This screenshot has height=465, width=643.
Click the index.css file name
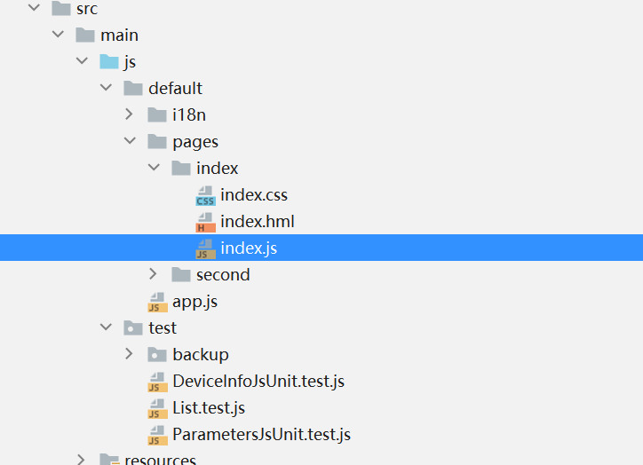254,195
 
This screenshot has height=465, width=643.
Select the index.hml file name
258,222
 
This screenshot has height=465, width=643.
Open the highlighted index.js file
249,248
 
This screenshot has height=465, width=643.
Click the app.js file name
194,302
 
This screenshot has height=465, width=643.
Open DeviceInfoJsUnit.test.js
258,382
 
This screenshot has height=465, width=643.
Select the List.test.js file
209,408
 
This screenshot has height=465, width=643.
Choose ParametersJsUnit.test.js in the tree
262,435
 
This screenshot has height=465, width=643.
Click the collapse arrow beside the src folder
34,9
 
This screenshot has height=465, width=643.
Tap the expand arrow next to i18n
130,114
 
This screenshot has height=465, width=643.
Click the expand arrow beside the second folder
154,274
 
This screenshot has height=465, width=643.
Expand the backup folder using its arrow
130,354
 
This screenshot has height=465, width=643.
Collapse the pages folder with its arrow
130,141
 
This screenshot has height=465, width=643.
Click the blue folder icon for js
109,61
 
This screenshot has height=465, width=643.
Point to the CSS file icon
206,195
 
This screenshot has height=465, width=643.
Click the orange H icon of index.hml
206,222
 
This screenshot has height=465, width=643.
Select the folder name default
175,89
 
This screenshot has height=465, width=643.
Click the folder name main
119,35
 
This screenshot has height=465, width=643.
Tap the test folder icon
133,327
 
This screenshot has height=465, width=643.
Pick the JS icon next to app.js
158,302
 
